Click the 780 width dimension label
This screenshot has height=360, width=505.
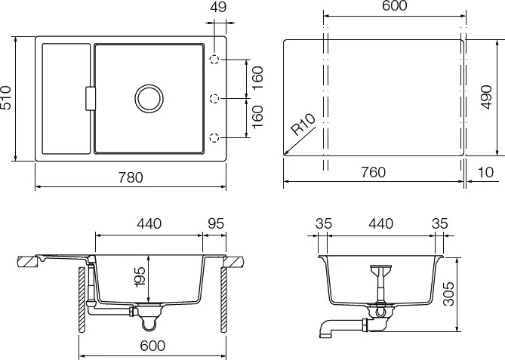[131, 177]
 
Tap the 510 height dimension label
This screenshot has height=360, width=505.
[6, 97]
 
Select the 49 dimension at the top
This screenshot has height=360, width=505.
[219, 7]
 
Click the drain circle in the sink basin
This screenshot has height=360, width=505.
[149, 99]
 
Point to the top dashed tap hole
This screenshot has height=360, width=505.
[214, 60]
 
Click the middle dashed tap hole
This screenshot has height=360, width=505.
[214, 98]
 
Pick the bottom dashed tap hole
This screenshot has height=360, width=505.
[214, 137]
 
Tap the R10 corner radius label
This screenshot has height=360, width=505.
[303, 125]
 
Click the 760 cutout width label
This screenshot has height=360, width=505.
[373, 172]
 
